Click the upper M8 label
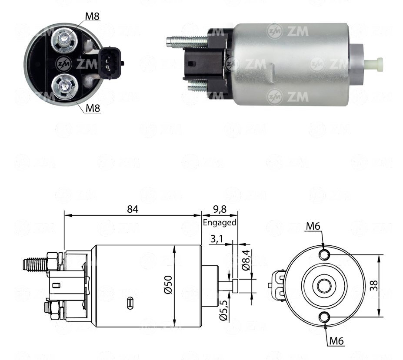92,17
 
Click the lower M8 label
93,108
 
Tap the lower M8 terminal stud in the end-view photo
64,86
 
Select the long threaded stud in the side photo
187,41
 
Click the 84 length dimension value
133,209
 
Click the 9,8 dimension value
220,209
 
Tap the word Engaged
220,222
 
